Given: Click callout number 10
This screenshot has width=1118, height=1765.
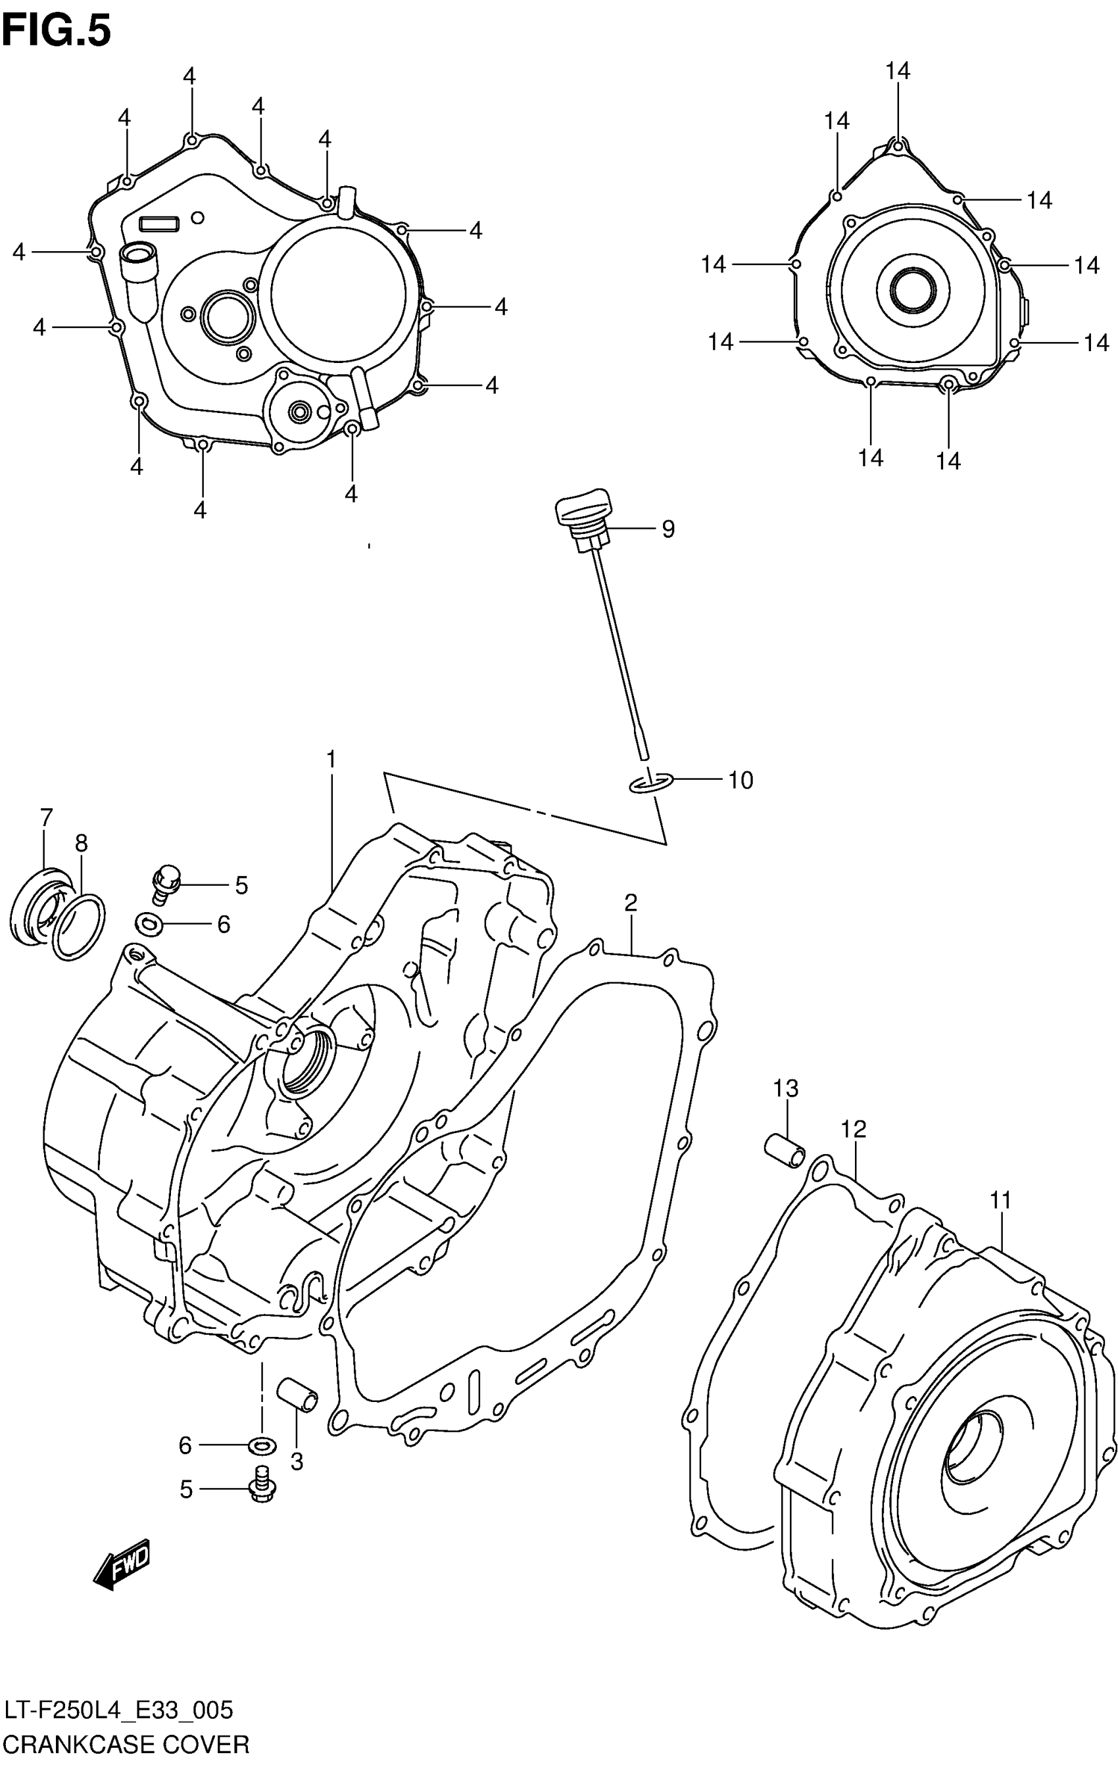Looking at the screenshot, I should (x=740, y=780).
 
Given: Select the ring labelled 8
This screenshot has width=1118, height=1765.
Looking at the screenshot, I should (x=78, y=925).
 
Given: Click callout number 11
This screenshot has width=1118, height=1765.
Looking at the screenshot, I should (x=1001, y=1201).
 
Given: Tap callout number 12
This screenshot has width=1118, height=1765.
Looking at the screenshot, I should (x=854, y=1130).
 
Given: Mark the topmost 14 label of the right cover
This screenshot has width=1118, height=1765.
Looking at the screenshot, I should (x=897, y=71).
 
